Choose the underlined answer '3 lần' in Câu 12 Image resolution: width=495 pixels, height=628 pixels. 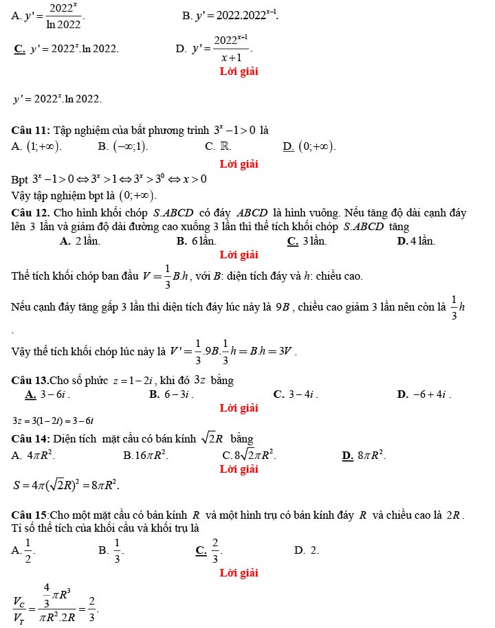coord(313,240)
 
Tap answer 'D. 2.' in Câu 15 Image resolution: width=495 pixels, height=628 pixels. coord(306,550)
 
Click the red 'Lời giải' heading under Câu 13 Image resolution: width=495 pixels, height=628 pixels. coord(239,408)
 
